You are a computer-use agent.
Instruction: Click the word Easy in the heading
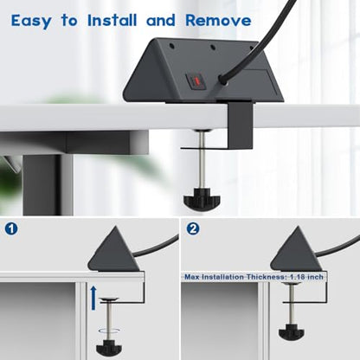(x=31, y=21)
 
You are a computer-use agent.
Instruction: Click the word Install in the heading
(x=112, y=20)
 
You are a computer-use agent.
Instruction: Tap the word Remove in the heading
(x=218, y=20)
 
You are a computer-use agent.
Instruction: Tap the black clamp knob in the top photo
(x=202, y=199)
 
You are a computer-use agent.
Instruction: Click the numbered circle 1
(x=11, y=229)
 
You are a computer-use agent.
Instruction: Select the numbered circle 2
(x=193, y=229)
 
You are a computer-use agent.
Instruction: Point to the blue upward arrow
(x=93, y=298)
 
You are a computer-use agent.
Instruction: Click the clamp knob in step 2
(x=292, y=331)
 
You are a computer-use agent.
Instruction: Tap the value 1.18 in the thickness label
(x=298, y=277)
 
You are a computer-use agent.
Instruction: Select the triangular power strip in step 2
(x=296, y=250)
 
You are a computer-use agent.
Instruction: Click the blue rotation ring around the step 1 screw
(x=109, y=331)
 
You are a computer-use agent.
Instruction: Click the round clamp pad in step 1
(x=109, y=299)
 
